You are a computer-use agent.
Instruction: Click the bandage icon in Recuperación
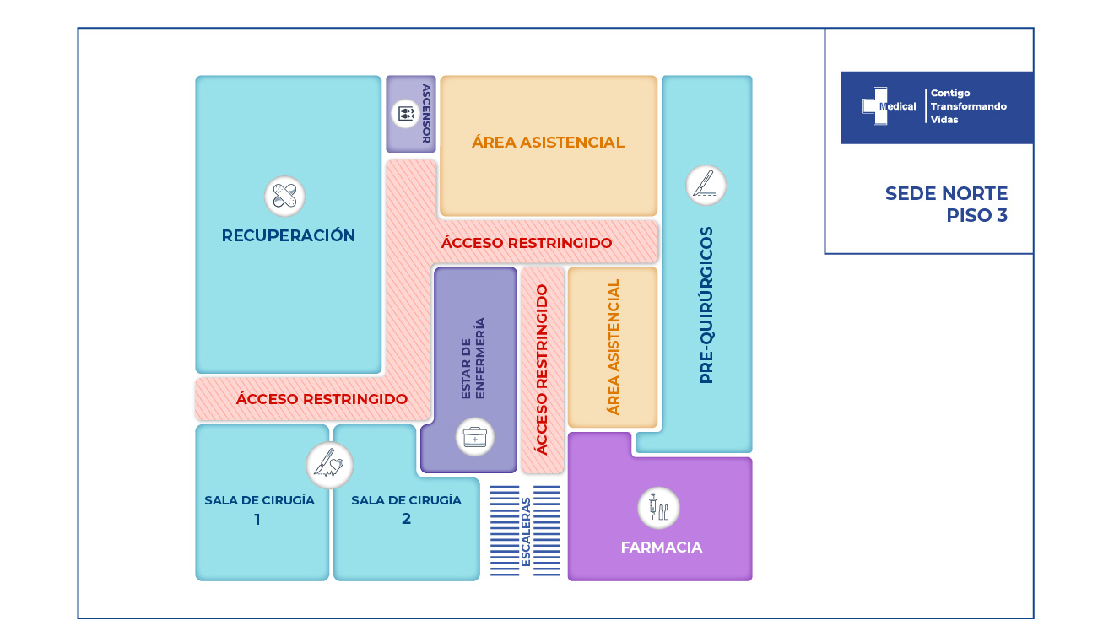coord(284,197)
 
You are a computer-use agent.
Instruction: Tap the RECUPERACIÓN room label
coord(289,235)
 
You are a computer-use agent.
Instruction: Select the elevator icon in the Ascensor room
coord(405,113)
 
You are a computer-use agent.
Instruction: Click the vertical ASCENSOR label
coord(426,114)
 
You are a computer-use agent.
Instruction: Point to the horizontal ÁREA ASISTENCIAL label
coord(548,143)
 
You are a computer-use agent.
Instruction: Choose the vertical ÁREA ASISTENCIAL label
coord(614,347)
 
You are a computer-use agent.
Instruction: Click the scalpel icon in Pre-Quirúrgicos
coord(706,185)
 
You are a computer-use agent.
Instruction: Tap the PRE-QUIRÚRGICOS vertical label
coord(707,305)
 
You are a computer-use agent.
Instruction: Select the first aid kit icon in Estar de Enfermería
coord(474,438)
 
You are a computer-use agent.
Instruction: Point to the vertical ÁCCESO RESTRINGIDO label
coord(542,370)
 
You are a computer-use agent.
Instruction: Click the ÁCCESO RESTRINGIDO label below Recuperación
coord(322,399)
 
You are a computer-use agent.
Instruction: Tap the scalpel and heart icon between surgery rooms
coord(329,464)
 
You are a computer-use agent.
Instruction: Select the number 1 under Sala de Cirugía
coord(257,520)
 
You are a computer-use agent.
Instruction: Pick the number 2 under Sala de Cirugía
coord(406,519)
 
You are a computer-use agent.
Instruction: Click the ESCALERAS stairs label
coord(526,531)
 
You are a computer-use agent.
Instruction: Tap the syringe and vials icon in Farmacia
coord(658,508)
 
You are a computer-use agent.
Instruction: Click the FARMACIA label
coord(662,548)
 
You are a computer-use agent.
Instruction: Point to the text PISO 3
coord(976,215)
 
